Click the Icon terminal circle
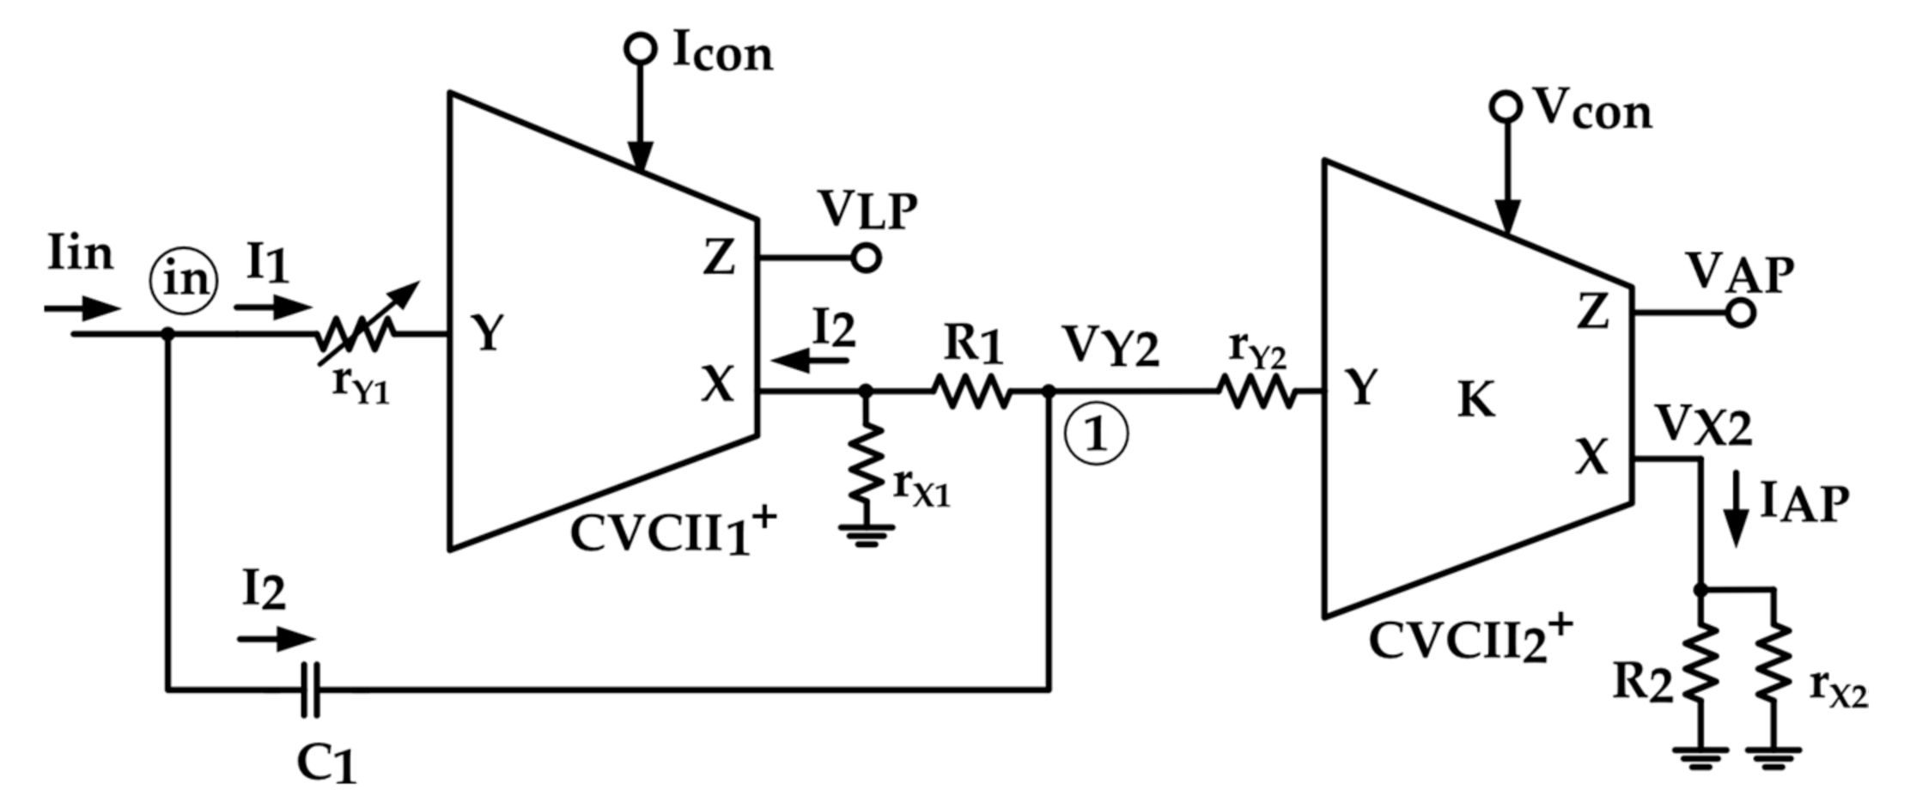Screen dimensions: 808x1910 pos(640,49)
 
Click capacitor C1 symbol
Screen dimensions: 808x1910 pos(311,689)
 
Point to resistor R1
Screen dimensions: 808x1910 pos(972,392)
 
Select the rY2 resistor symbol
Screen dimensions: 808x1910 pos(1256,392)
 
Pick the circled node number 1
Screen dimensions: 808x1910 pos(1097,434)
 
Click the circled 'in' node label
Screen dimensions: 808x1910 pos(184,281)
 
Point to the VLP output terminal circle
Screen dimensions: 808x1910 pos(867,258)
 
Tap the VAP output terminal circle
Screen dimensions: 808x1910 pos(1740,313)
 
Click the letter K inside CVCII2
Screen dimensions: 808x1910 pos(1475,400)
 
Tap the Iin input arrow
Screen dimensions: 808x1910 pos(82,308)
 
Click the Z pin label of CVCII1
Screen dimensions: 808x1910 pos(719,258)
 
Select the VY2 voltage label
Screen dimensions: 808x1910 pos(1110,348)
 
